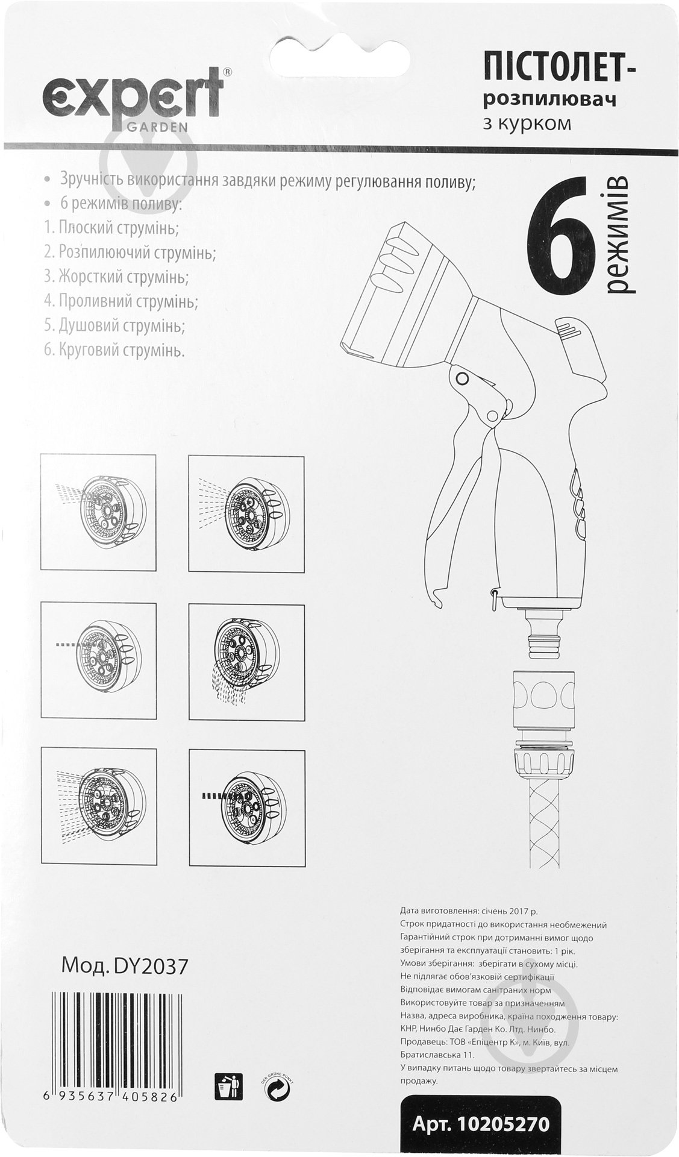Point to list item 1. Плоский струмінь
tap(111, 228)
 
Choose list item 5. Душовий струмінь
tap(114, 326)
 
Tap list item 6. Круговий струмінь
tap(113, 351)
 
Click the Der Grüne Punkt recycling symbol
tap(278, 1089)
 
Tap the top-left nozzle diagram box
tap(99, 512)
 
